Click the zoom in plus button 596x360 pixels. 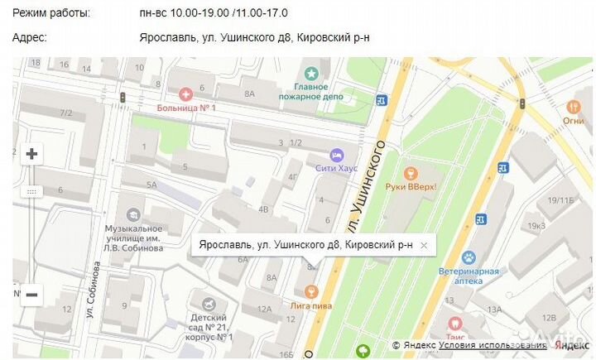[x=31, y=154]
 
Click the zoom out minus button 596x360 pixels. [x=31, y=294]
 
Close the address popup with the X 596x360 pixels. [x=424, y=245]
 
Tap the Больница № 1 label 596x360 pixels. [x=188, y=108]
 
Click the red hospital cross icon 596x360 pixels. [x=185, y=94]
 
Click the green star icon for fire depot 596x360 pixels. [x=310, y=73]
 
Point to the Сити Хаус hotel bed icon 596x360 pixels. [x=336, y=154]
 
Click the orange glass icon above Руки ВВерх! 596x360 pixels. [x=408, y=173]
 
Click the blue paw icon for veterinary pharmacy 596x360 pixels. [x=469, y=257]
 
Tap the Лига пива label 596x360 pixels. [x=311, y=305]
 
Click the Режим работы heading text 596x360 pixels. [x=53, y=13]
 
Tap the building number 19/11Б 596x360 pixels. [x=560, y=201]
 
